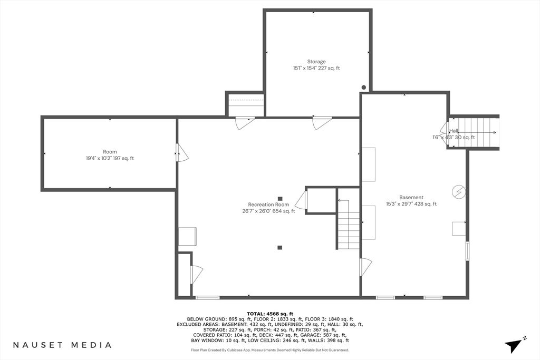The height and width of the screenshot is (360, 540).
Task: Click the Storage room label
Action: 316,62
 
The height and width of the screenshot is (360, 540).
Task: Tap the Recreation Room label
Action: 268,205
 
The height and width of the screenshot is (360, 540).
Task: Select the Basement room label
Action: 411,197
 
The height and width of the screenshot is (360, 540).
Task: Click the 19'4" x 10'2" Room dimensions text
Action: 110,158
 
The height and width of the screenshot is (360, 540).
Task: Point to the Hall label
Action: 454,131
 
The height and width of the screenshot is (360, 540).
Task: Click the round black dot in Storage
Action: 364,88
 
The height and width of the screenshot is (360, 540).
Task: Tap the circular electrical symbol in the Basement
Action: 459,192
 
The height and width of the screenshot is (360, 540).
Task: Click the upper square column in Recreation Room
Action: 280,198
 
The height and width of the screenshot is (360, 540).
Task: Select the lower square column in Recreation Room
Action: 279,247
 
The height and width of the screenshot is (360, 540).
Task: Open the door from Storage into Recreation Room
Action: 322,122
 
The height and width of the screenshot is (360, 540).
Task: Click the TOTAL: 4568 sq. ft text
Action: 270,314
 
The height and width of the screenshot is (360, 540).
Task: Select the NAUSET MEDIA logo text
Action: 62,345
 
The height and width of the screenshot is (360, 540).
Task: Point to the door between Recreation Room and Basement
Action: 365,267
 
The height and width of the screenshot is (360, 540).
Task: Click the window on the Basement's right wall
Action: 467,251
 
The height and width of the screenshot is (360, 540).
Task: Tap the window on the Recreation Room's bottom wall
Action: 207,297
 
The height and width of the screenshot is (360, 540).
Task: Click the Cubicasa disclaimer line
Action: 270,350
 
